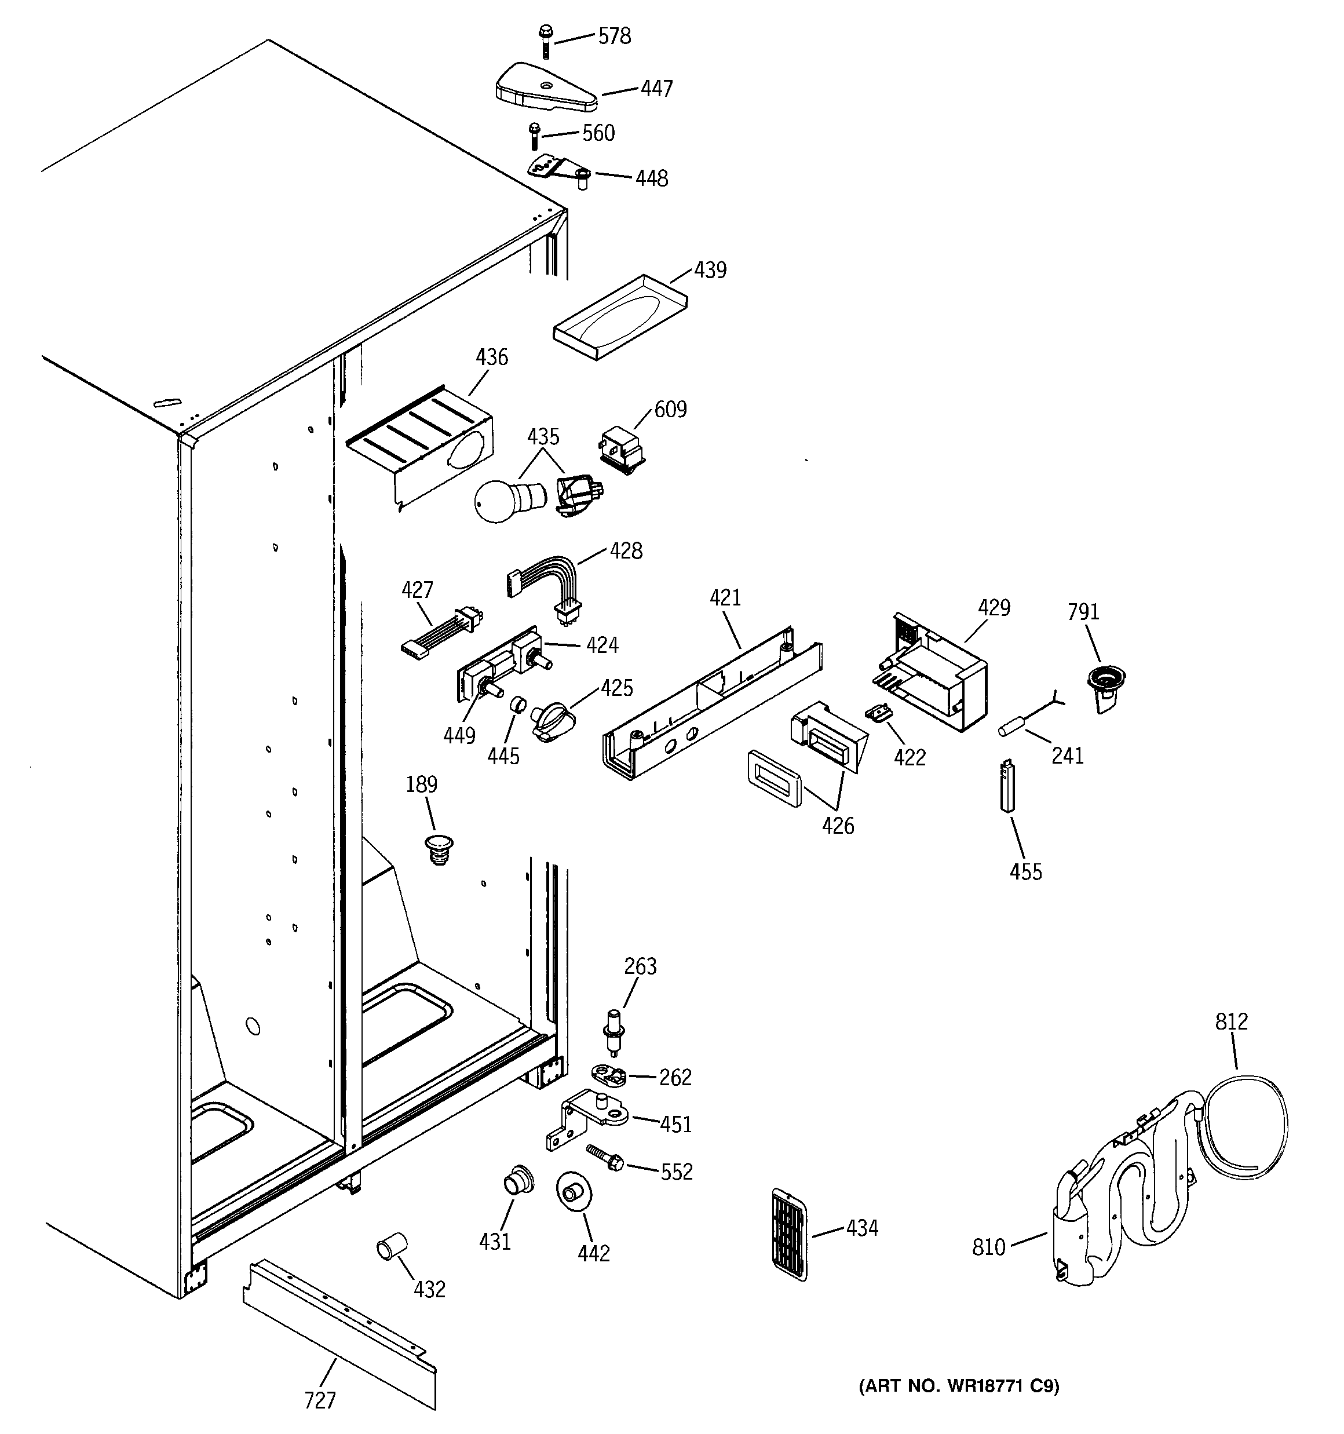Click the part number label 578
(x=615, y=36)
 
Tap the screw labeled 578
(x=544, y=42)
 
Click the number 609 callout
(x=670, y=409)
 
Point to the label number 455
(x=1025, y=872)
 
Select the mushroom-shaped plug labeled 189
(x=439, y=848)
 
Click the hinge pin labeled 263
(x=614, y=1031)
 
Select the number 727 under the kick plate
(x=320, y=1400)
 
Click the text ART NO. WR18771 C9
(x=958, y=1386)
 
